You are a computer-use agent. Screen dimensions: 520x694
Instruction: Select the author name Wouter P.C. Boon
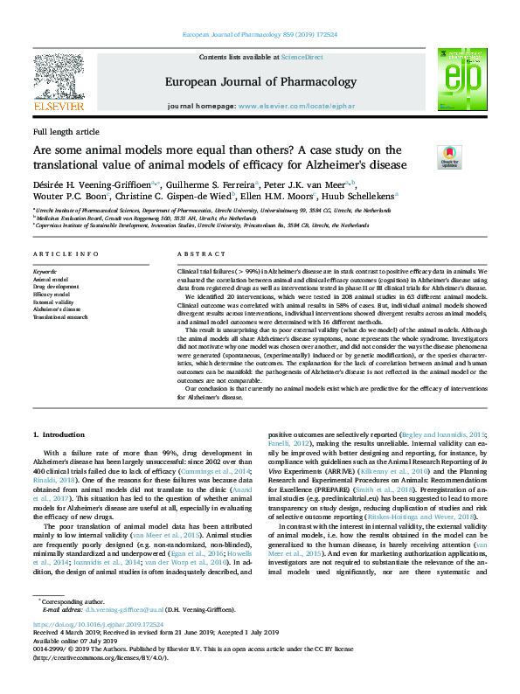click(62, 197)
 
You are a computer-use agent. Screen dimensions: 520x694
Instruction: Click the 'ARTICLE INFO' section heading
click(66, 253)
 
